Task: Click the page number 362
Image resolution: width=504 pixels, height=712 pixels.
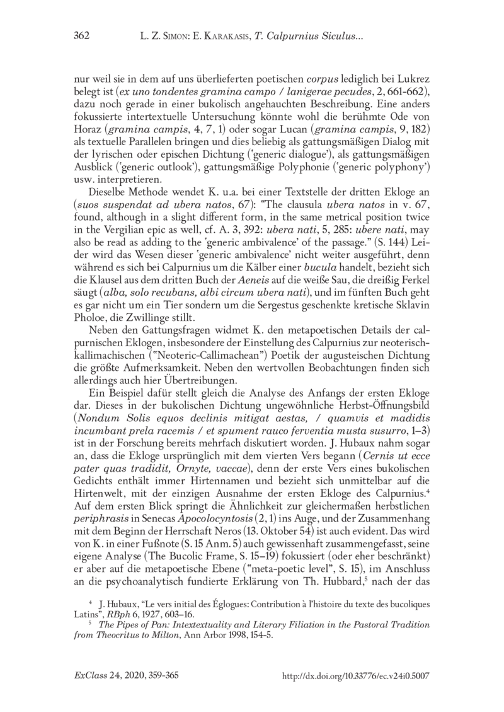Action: [83, 38]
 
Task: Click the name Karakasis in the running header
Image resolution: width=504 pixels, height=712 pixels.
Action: [218, 38]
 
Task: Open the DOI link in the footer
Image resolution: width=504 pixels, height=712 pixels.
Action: [357, 675]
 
